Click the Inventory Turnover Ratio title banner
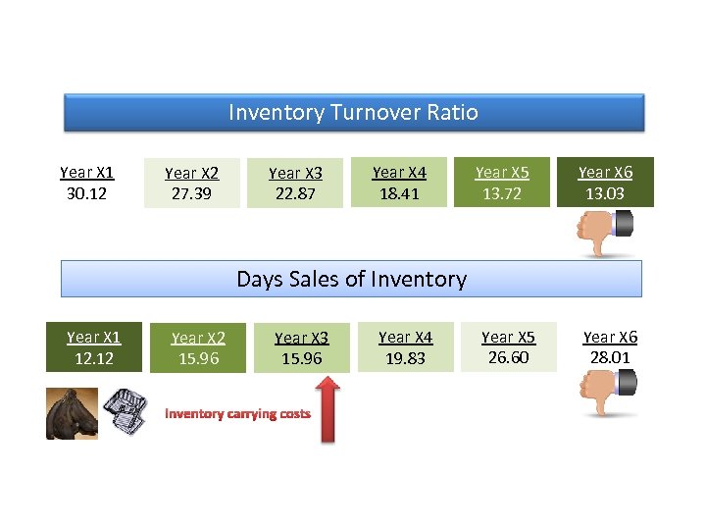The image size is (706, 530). pos(353,113)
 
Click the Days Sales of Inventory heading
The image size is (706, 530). pos(351,280)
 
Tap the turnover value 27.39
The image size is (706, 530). pos(191,194)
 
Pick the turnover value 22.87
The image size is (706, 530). pos(295,194)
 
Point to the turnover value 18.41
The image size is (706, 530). pos(399,193)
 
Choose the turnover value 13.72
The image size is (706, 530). pos(502,193)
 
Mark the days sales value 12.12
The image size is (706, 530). pos(93,358)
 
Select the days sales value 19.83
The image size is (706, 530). pos(405,358)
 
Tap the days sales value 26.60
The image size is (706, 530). pos(508,357)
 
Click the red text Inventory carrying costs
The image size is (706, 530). pos(237,413)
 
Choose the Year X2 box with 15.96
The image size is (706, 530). pos(197,348)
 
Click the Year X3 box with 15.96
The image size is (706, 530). pos(301,348)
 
